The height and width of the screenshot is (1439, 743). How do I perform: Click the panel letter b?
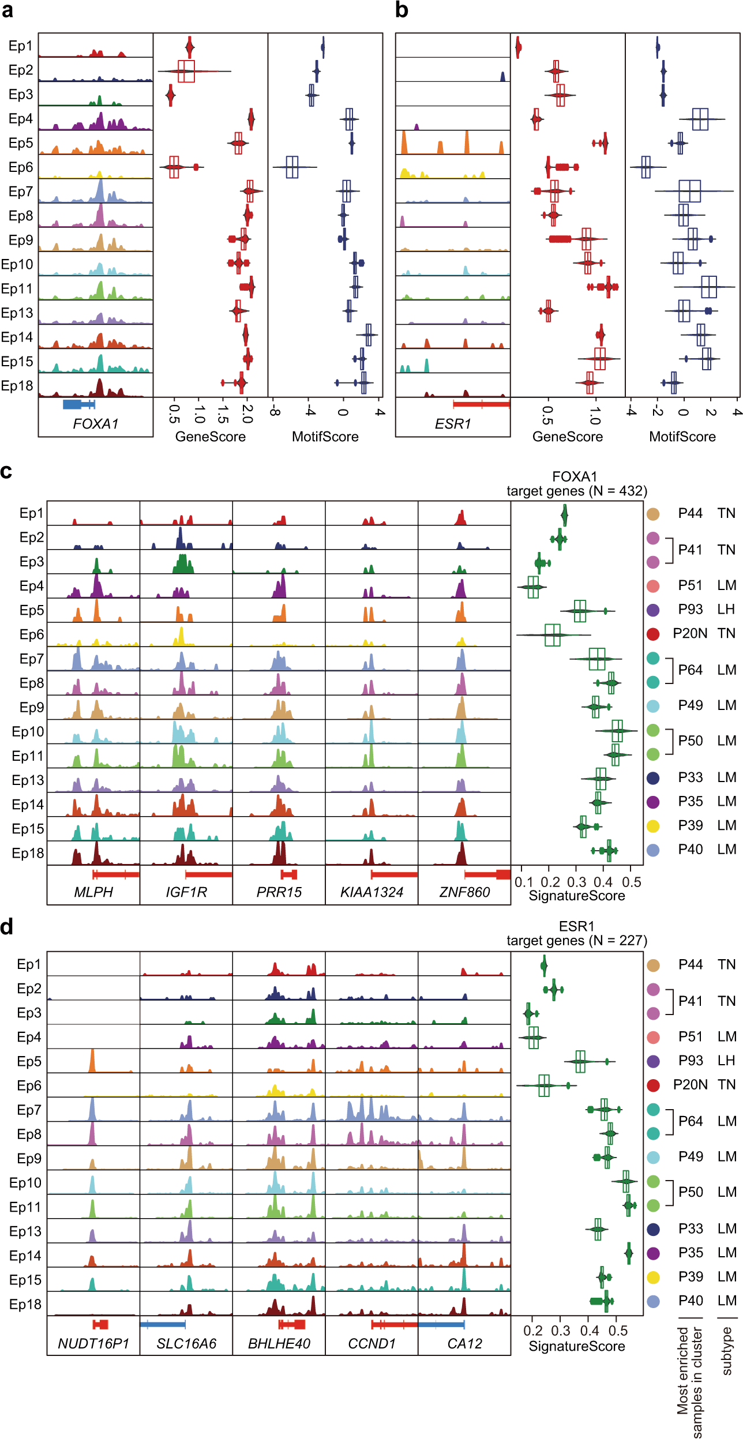tap(401, 10)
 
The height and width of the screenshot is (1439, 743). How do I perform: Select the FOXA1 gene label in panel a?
tap(95, 424)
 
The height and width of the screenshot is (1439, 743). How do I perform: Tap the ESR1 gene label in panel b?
tap(453, 424)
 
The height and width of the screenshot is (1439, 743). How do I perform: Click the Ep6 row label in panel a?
tap(21, 167)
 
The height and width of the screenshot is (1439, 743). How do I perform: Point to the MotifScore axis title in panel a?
tap(325, 437)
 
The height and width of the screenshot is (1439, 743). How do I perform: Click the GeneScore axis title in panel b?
tap(567, 437)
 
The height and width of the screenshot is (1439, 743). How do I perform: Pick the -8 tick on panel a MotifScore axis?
tap(275, 412)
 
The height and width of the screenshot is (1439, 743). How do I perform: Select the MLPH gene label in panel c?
tap(93, 892)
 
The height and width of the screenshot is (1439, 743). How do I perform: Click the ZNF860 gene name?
tap(464, 892)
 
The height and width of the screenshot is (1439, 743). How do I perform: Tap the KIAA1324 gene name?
tap(371, 892)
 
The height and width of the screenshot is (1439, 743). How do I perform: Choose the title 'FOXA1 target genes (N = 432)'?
tap(576, 484)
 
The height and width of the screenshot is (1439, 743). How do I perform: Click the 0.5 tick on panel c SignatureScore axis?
tap(632, 882)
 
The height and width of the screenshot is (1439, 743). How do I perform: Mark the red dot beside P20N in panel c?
tap(653, 634)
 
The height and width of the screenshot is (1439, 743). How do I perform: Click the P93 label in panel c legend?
tap(691, 610)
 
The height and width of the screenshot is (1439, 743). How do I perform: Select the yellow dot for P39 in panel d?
tap(653, 1277)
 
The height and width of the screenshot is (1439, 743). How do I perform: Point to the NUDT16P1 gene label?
tap(93, 1343)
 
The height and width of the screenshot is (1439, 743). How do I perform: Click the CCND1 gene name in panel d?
tap(371, 1343)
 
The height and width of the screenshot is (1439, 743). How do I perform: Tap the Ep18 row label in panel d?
tap(25, 1305)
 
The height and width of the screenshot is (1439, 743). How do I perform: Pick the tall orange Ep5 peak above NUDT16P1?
tap(92, 1060)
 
